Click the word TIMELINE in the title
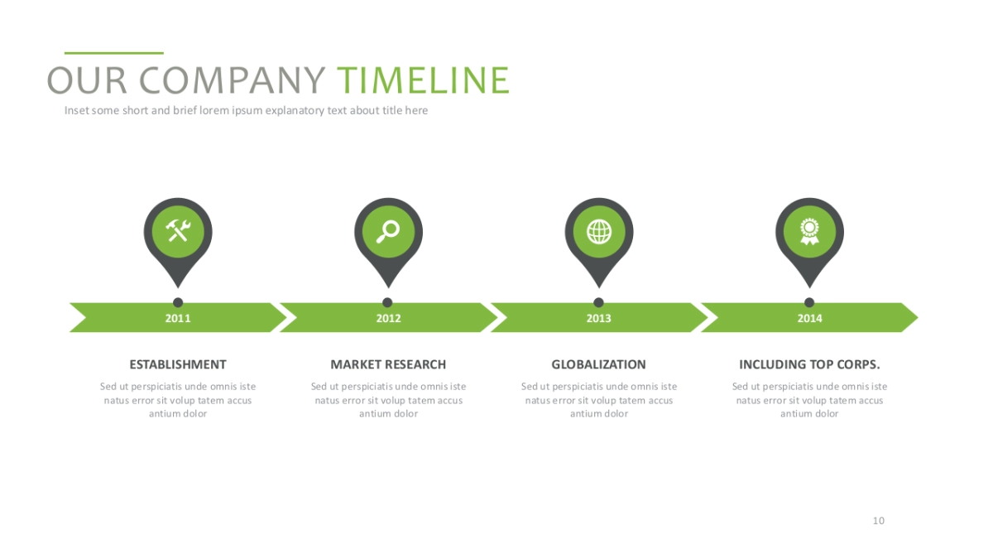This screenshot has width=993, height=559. [423, 81]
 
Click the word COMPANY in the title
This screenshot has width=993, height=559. [238, 81]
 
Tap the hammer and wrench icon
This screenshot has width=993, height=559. [178, 229]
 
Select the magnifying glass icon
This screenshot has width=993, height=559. [388, 229]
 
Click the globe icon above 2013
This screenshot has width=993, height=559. [599, 230]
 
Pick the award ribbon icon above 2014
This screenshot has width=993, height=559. [809, 229]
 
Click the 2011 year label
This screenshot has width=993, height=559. [178, 318]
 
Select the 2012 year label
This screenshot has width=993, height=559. [388, 318]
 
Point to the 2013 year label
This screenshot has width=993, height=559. [599, 318]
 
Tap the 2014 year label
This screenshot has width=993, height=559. [809, 318]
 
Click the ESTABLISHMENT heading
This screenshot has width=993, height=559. [178, 364]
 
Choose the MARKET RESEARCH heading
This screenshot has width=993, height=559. [388, 364]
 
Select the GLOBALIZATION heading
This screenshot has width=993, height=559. [599, 364]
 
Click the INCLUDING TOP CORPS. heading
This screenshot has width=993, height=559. [809, 364]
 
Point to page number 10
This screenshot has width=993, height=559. [879, 521]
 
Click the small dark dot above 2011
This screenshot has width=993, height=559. [178, 302]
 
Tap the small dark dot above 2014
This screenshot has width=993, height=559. [809, 302]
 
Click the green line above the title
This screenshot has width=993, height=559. [114, 53]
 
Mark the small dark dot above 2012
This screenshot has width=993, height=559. [388, 302]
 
